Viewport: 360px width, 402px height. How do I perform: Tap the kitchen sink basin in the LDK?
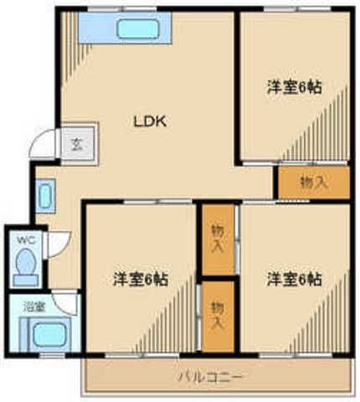click(x=133, y=28)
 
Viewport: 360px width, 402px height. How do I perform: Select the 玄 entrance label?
click(x=74, y=142)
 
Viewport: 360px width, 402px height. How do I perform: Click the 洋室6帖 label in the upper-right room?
click(x=295, y=87)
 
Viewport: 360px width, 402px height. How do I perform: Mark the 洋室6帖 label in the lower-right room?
click(x=295, y=279)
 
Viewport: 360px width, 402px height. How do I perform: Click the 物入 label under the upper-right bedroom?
click(x=313, y=183)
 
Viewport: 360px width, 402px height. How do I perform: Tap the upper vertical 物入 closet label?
click(x=218, y=238)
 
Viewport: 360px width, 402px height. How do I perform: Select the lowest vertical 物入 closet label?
click(x=218, y=315)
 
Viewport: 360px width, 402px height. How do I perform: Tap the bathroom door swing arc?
click(x=65, y=301)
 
